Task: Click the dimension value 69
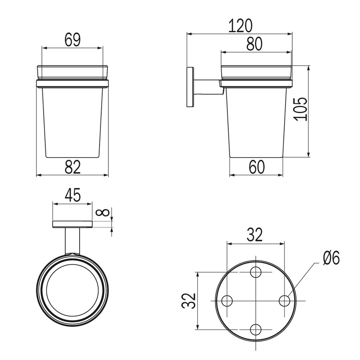click(72, 40)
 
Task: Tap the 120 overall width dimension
click(240, 26)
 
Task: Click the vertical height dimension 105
click(300, 109)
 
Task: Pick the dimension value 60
click(256, 167)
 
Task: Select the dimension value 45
click(72, 196)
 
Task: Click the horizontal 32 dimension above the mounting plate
click(255, 235)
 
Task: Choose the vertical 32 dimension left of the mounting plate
click(190, 301)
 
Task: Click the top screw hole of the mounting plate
click(256, 272)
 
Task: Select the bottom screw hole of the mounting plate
click(256, 329)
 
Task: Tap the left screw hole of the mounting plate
click(227, 301)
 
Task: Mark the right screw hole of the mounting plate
click(284, 301)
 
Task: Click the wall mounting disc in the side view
click(190, 86)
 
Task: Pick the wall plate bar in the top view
click(72, 224)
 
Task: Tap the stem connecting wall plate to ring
click(72, 241)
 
